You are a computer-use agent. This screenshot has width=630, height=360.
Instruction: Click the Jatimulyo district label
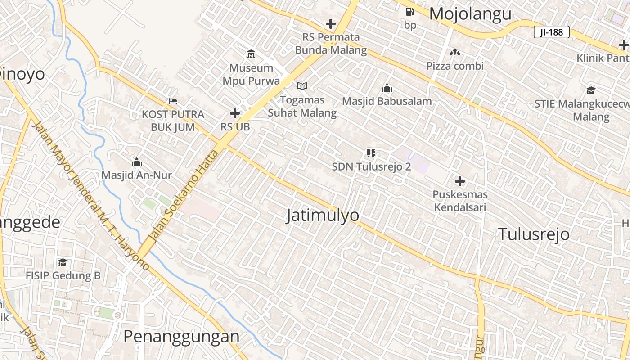[323, 216]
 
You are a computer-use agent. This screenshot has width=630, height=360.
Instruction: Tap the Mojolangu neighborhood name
[470, 14]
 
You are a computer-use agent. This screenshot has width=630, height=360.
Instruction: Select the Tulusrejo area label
[533, 234]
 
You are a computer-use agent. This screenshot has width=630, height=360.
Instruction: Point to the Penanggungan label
[181, 336]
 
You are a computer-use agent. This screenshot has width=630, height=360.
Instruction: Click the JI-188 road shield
[552, 32]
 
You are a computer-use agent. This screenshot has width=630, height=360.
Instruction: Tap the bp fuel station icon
[409, 12]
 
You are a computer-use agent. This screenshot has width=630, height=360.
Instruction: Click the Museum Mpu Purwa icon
[251, 54]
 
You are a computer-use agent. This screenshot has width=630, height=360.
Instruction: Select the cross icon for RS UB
[235, 113]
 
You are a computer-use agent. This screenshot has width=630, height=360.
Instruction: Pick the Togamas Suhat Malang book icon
[302, 86]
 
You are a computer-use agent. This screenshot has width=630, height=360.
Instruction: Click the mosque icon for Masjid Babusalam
[387, 88]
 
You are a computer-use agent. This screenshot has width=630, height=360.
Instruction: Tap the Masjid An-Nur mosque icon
[136, 162]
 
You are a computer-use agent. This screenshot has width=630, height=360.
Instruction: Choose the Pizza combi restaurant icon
[455, 53]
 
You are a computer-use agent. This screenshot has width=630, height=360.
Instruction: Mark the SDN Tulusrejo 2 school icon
[371, 153]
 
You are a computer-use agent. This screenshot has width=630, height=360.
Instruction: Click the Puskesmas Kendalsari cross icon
[459, 181]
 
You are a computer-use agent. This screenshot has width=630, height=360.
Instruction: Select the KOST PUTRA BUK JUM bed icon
[172, 101]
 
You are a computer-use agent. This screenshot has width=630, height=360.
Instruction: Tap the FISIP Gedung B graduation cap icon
[63, 262]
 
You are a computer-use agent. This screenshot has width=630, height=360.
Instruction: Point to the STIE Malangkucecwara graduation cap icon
[591, 90]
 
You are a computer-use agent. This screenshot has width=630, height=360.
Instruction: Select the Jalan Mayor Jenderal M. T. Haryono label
[90, 196]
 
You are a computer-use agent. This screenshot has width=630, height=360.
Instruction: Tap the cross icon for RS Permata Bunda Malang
[331, 24]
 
